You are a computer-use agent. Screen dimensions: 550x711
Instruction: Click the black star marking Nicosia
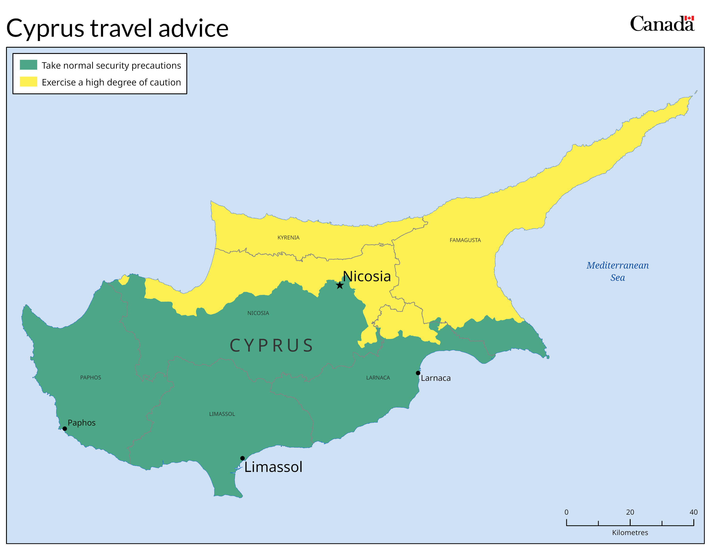(340, 285)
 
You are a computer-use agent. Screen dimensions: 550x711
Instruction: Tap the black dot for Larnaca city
(418, 373)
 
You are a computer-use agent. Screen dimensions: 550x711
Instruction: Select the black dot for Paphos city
(65, 429)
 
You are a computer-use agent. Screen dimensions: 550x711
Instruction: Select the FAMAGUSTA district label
(465, 240)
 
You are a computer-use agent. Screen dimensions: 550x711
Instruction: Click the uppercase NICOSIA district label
(258, 313)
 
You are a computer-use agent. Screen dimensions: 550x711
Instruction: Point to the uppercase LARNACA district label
(378, 378)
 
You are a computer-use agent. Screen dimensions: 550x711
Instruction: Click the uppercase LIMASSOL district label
(222, 414)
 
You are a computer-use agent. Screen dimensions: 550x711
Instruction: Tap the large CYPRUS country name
(271, 345)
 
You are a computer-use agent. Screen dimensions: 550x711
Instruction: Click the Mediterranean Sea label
(617, 271)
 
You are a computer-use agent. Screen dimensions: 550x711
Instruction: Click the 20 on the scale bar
(630, 512)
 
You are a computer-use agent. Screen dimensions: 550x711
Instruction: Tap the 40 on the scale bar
(693, 512)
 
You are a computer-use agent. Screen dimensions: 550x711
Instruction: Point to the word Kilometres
(630, 532)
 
